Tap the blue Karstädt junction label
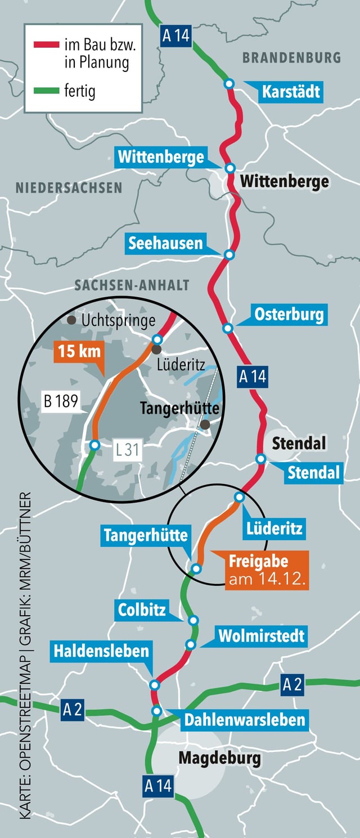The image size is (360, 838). coord(291,92)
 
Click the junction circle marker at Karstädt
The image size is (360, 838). coord(229,84)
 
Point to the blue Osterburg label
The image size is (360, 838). coord(289,315)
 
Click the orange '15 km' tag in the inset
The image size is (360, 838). coord(79,352)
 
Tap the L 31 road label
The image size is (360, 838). coord(128,450)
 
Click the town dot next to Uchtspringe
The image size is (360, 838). coord(71,320)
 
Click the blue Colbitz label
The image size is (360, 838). coord(142,610)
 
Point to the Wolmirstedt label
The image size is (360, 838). coord(262,636)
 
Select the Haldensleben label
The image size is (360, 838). coord(101,651)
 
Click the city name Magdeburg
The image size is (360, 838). coord(219,758)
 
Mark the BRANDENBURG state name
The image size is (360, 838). coord(291,57)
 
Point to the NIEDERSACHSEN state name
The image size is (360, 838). coord(69,187)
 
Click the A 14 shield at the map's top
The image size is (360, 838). coord(175,36)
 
